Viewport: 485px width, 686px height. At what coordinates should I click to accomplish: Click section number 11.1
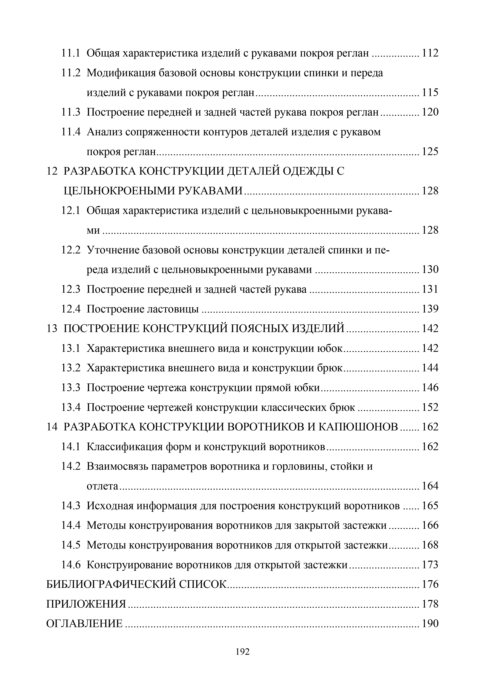(x=71, y=53)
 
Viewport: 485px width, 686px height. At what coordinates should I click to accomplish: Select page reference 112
(x=430, y=53)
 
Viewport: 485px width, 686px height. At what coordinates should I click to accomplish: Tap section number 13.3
(x=71, y=388)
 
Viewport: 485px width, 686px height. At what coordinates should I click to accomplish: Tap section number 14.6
(x=71, y=565)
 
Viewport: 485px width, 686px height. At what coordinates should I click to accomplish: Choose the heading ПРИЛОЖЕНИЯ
(x=86, y=604)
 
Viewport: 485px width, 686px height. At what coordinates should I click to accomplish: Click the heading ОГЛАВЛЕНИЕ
(x=84, y=624)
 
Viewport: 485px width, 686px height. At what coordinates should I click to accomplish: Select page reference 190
(x=430, y=624)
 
